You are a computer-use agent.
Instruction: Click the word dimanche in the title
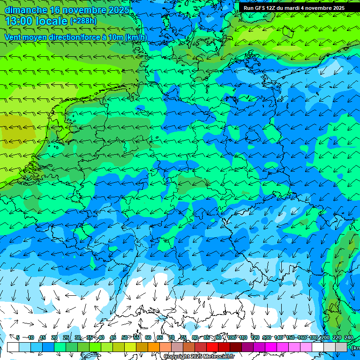pyautogui.click(x=26, y=10)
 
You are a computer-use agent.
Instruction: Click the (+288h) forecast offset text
pyautogui.click(x=83, y=21)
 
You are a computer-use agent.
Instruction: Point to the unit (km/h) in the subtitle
pyautogui.click(x=136, y=37)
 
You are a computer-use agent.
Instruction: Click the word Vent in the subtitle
pyautogui.click(x=13, y=37)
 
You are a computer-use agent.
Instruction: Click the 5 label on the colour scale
pyautogui.click(x=18, y=337)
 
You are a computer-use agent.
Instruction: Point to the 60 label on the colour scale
pyautogui.click(x=148, y=337)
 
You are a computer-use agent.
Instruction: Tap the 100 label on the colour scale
pyautogui.click(x=232, y=337)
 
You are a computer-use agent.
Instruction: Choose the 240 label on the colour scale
pyautogui.click(x=348, y=337)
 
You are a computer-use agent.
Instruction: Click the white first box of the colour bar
pyautogui.click(x=13, y=347)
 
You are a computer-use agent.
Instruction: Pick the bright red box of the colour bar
pyautogui.click(x=212, y=347)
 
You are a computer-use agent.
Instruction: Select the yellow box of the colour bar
pyautogui.click(x=130, y=347)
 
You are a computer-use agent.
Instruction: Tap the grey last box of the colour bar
pyautogui.click(x=341, y=347)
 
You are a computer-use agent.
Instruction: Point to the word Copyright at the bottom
pyautogui.click(x=176, y=357)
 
